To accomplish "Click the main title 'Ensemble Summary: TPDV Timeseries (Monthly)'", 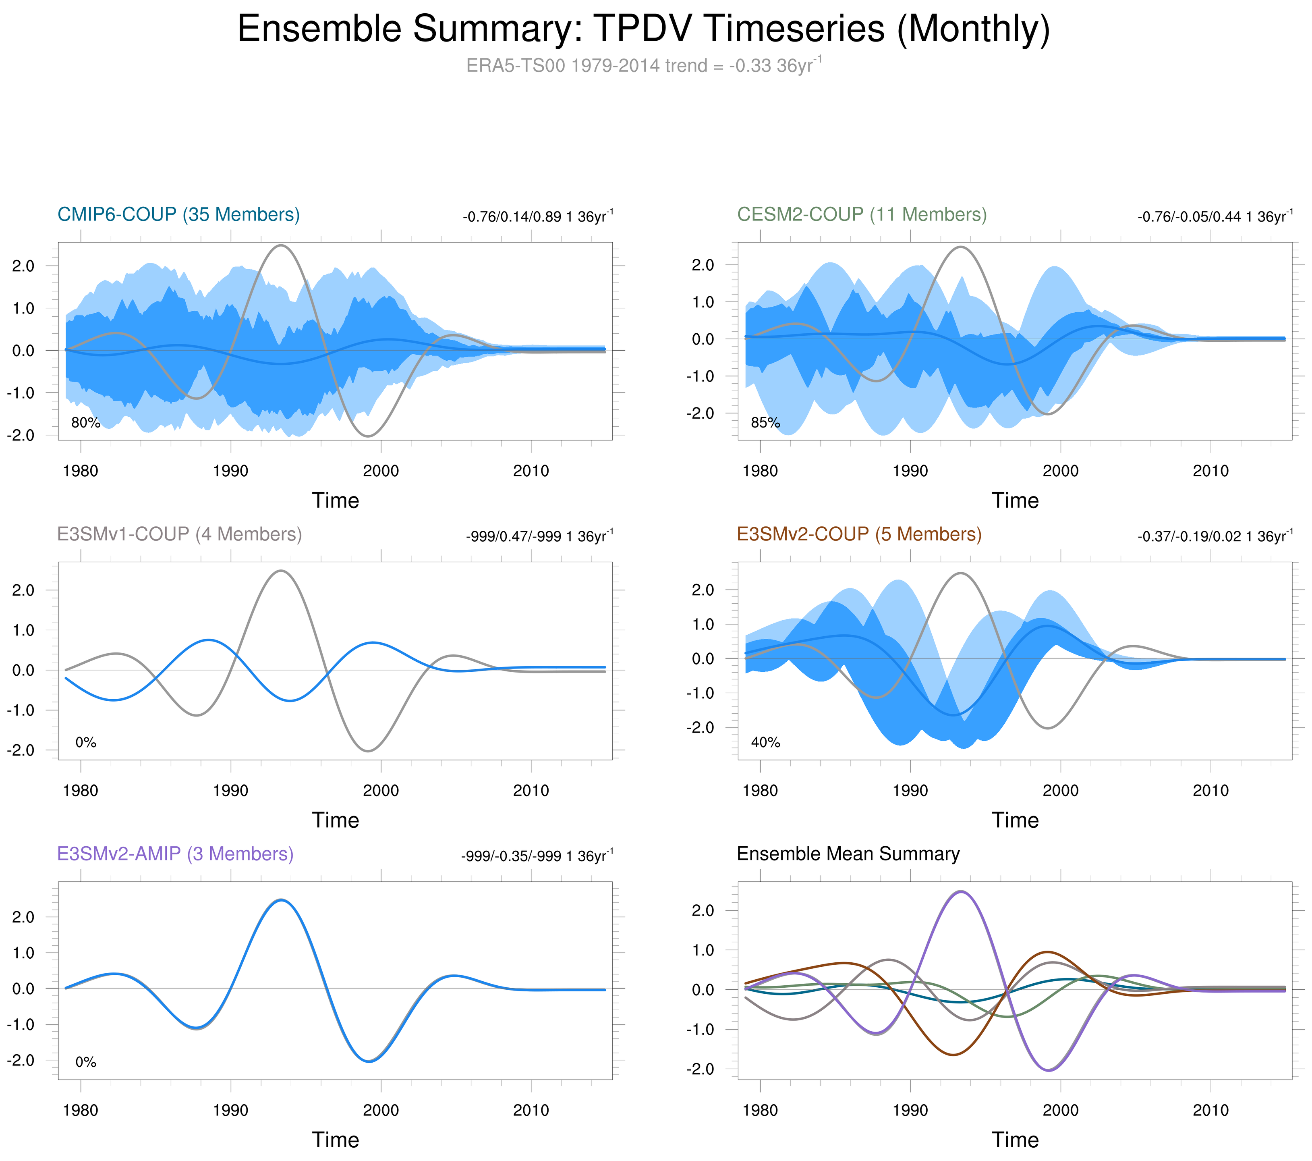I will (x=643, y=29).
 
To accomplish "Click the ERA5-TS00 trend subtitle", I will (x=643, y=66).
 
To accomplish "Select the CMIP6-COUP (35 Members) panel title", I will (x=178, y=214).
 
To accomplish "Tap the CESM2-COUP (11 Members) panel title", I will (x=861, y=214).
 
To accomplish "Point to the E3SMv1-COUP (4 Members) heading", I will (x=179, y=534).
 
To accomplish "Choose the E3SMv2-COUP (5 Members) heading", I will (x=859, y=534).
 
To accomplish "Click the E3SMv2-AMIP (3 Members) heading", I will (x=175, y=854).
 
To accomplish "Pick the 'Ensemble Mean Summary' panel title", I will (x=848, y=854).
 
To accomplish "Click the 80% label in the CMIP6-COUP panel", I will (x=85, y=423).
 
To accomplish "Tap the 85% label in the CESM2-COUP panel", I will (x=765, y=423).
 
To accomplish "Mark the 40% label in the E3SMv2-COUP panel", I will (x=765, y=742).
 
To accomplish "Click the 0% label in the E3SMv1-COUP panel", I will (x=85, y=742).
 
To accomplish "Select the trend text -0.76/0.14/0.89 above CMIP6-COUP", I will (x=537, y=216).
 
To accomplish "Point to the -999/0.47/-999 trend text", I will (x=539, y=536).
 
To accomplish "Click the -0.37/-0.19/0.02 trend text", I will (x=1215, y=536).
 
